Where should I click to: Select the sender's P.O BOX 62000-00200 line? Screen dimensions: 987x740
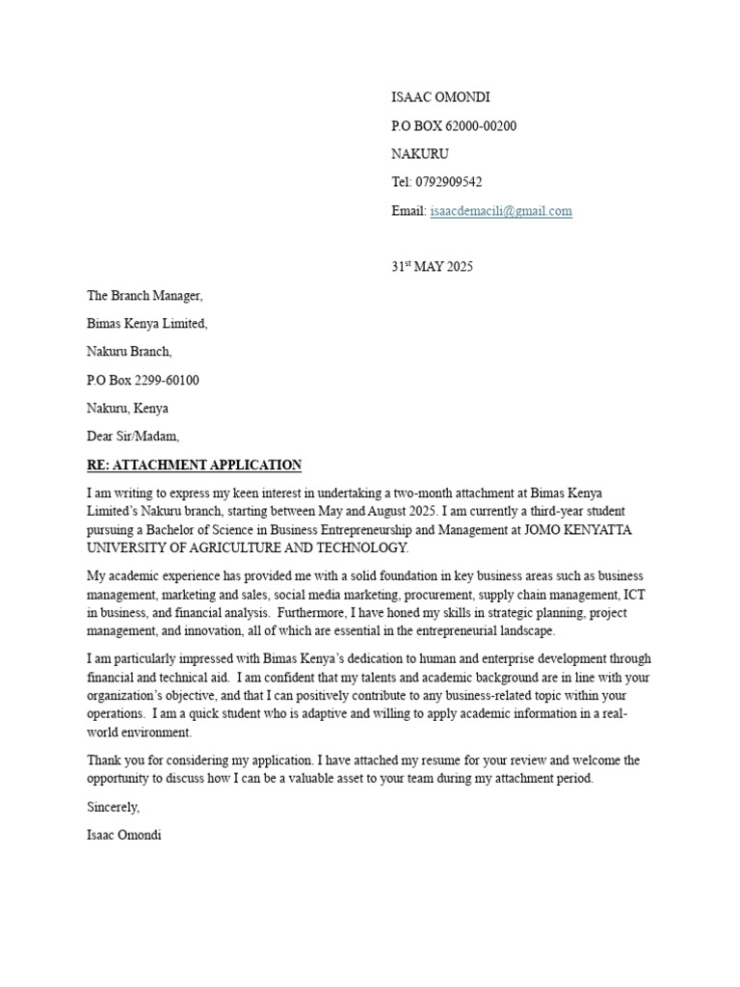(453, 126)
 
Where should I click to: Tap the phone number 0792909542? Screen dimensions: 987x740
(449, 182)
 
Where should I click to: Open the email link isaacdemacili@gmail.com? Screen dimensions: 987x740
(501, 211)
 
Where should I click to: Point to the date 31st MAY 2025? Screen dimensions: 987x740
(432, 267)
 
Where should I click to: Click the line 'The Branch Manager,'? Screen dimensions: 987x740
(145, 296)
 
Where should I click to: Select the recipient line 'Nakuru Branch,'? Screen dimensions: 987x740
(130, 352)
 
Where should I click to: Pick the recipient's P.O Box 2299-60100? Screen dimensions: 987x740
(144, 380)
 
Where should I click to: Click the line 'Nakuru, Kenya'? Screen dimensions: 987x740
(127, 409)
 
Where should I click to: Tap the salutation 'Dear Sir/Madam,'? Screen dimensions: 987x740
(133, 437)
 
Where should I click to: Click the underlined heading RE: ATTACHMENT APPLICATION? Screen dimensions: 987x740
(194, 466)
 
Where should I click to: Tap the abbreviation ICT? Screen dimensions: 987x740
(634, 595)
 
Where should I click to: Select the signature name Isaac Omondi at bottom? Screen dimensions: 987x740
(124, 835)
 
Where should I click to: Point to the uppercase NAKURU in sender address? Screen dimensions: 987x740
(420, 154)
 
